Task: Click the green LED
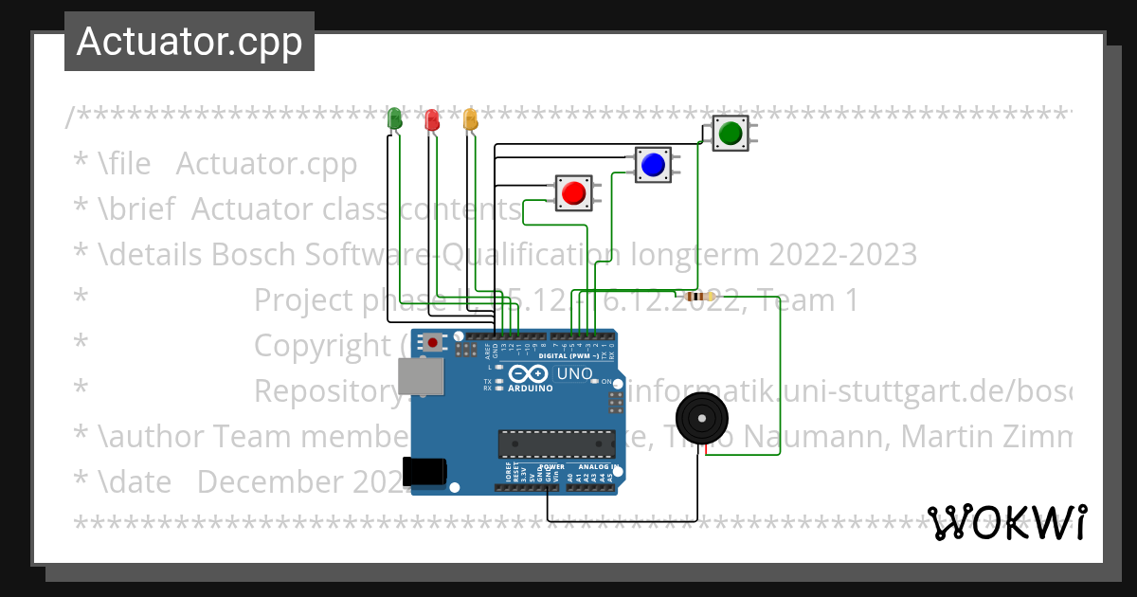click(x=395, y=118)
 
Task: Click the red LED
click(x=432, y=119)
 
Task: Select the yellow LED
click(x=470, y=118)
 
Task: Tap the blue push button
click(x=652, y=165)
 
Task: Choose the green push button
click(x=730, y=134)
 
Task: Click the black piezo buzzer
click(x=702, y=418)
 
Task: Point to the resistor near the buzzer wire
click(x=698, y=297)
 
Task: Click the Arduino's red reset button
click(x=433, y=342)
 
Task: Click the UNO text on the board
click(x=574, y=373)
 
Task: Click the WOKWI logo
click(x=1007, y=523)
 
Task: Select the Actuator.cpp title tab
click(x=189, y=42)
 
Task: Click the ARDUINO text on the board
click(x=530, y=389)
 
